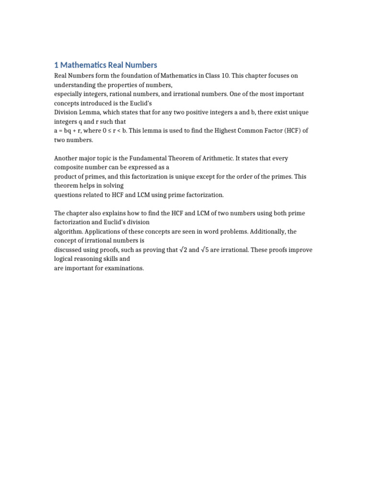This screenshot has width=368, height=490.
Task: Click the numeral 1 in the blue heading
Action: pos(56,65)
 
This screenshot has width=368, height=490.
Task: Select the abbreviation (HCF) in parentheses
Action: pos(286,131)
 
